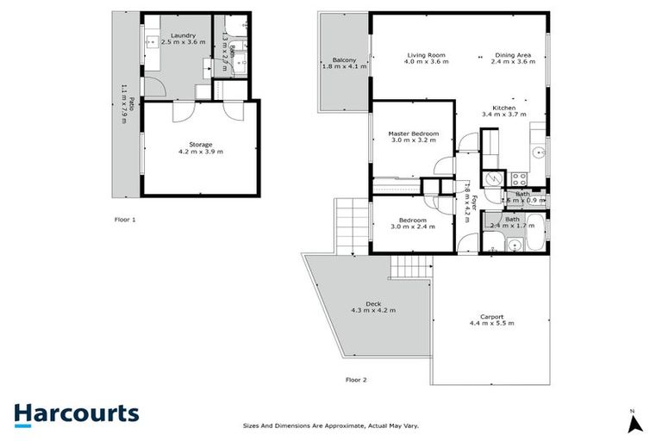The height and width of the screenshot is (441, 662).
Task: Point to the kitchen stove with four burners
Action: click(x=520, y=179)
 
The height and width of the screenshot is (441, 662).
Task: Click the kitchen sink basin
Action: click(x=538, y=153)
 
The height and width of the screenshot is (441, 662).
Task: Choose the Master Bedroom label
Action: click(x=414, y=134)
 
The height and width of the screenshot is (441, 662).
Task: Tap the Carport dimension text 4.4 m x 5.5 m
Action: click(x=491, y=323)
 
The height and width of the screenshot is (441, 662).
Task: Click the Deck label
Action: click(x=372, y=303)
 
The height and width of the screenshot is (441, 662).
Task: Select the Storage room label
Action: click(x=200, y=145)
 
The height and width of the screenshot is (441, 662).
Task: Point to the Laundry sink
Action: click(x=151, y=40)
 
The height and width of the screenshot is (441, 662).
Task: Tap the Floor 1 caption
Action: click(x=125, y=220)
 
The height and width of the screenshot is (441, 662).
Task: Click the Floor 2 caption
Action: click(x=356, y=379)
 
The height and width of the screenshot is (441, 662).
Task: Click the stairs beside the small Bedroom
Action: click(x=353, y=226)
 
